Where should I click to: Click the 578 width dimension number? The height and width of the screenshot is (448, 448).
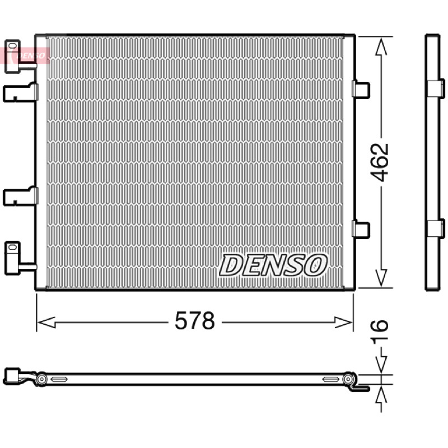194,321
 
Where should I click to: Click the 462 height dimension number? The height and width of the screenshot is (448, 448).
380,162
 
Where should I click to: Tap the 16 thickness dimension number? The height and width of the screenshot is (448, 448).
380,329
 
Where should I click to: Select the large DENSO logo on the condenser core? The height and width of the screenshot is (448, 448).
273,265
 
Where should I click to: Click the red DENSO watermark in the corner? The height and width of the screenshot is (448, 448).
25,55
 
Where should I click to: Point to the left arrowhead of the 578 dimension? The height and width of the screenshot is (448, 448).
46,323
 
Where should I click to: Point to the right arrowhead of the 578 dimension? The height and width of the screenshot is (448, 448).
343,323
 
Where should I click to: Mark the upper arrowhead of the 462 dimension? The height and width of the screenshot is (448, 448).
381,46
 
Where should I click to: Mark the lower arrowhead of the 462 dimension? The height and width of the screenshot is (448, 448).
381,278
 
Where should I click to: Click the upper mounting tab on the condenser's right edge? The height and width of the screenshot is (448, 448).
361,89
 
